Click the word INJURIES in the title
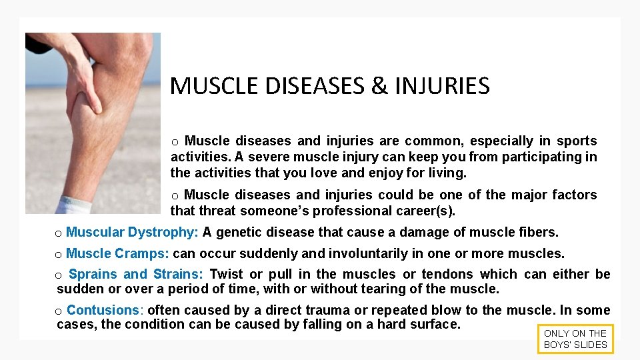tap(442, 86)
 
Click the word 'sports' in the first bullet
tap(577, 141)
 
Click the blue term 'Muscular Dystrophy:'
tap(132, 232)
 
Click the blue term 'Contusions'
tap(103, 310)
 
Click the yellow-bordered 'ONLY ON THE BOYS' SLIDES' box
tap(575, 339)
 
